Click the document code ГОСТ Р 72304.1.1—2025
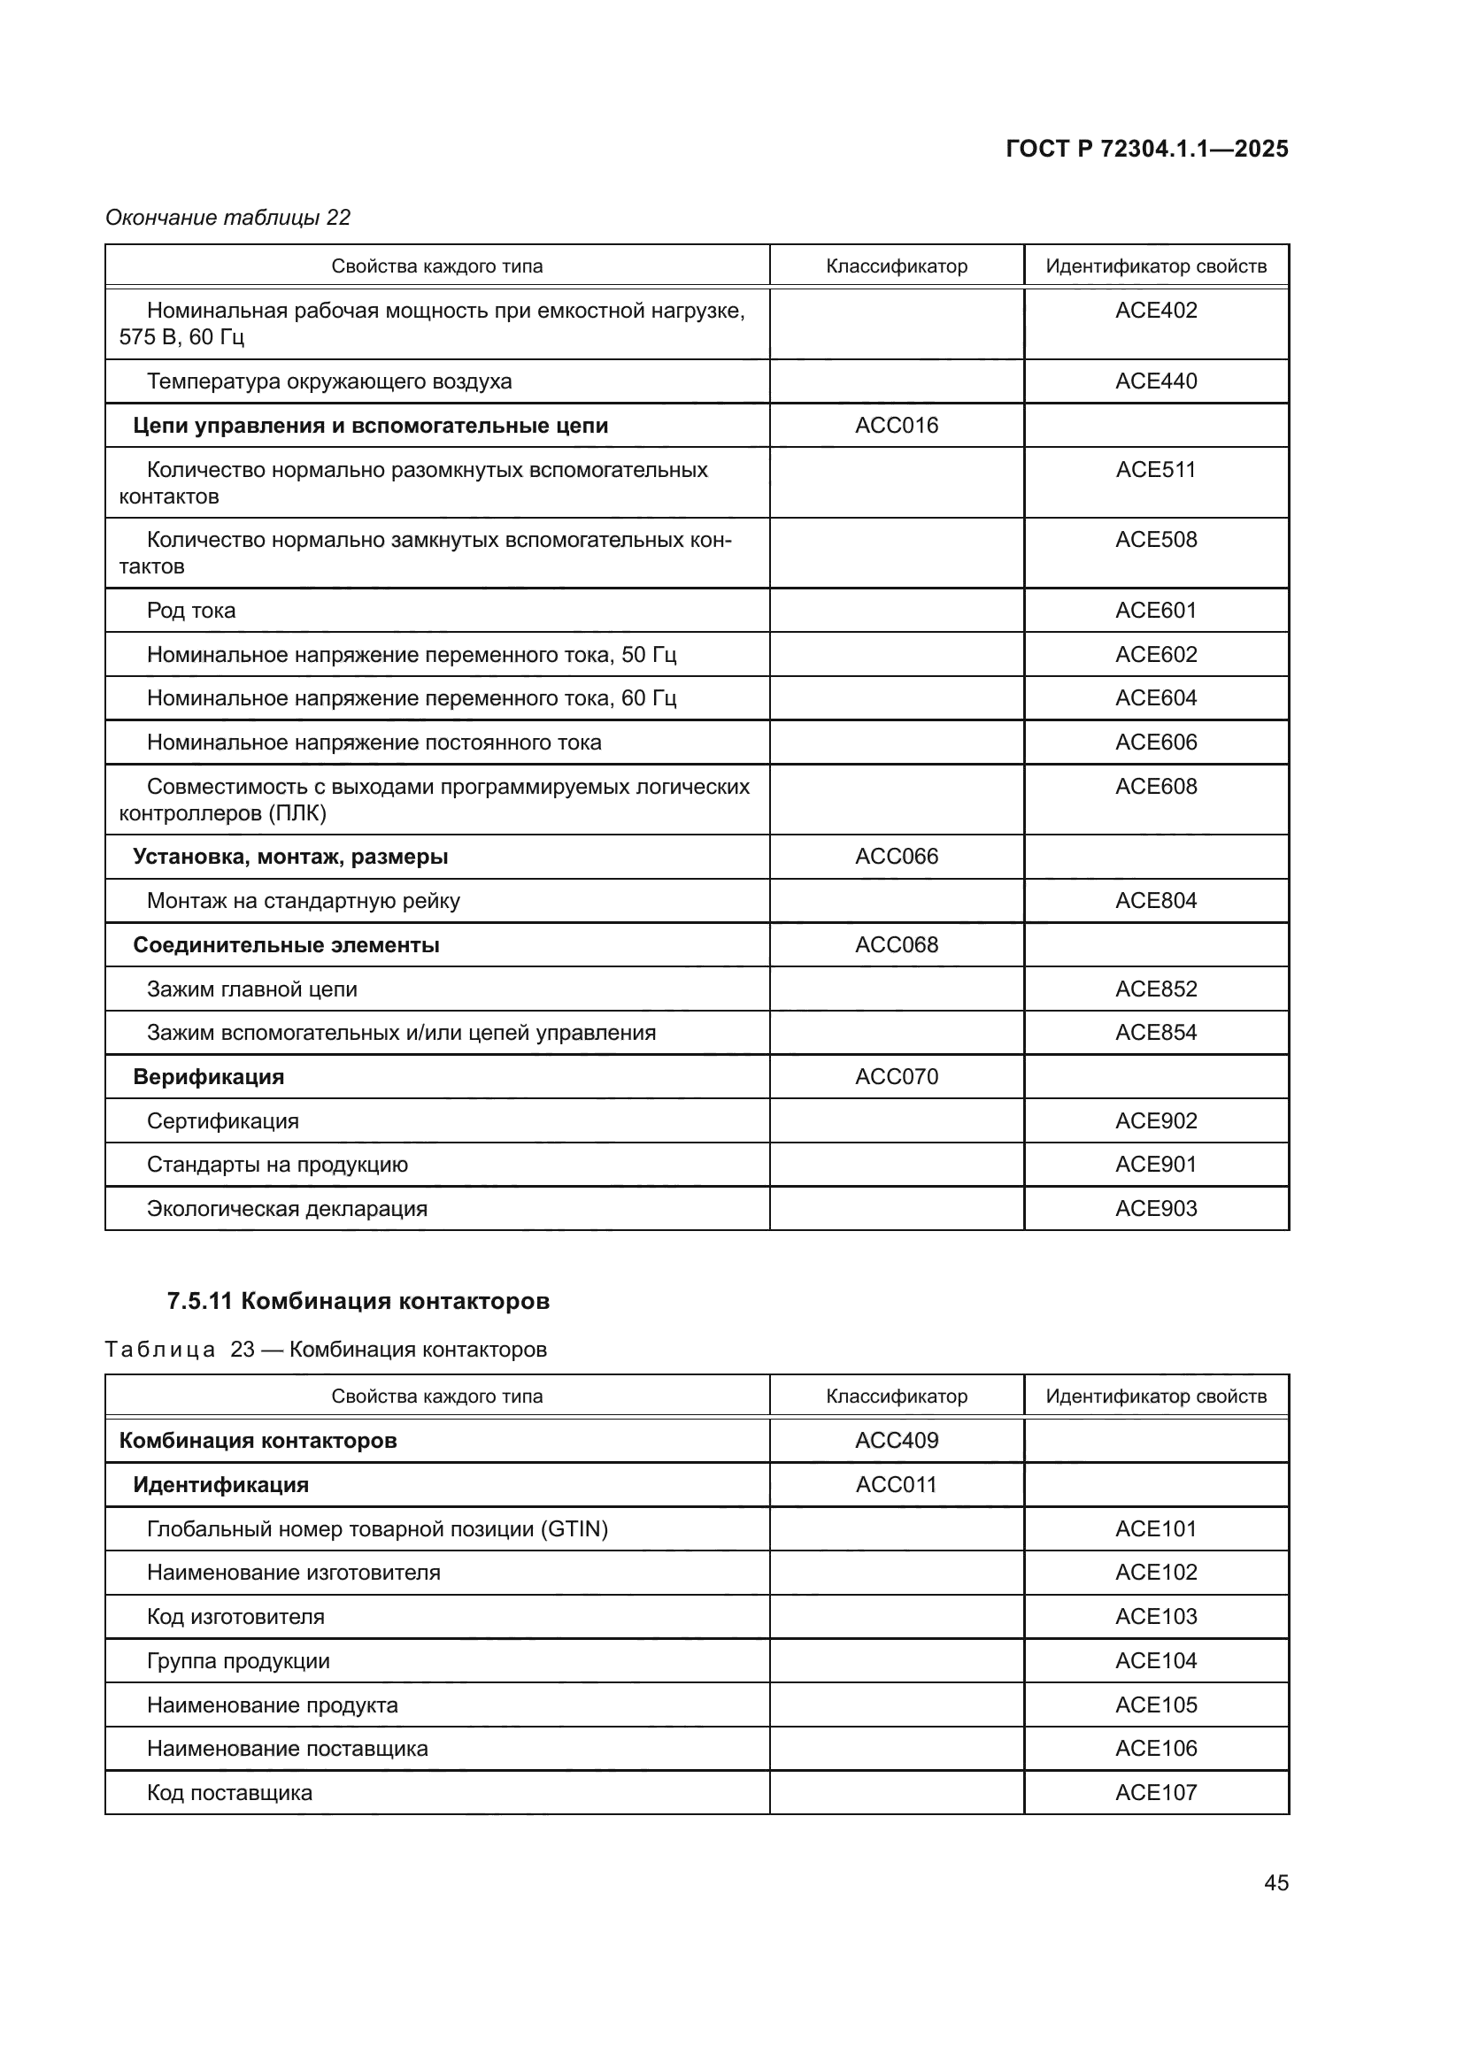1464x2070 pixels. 1146,149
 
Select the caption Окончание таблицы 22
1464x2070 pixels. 227,218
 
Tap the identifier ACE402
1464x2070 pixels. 1156,310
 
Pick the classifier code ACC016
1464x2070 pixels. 896,425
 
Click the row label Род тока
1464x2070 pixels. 191,611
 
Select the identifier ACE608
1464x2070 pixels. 1156,786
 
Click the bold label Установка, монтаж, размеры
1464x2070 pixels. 290,857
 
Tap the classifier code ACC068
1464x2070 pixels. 896,945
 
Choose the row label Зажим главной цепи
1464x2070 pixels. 251,989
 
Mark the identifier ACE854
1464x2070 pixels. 1156,1032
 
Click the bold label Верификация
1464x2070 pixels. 208,1076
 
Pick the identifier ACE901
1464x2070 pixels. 1156,1164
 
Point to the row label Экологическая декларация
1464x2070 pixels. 287,1208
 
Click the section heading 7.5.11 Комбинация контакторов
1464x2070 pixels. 358,1301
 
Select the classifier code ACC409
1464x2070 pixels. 896,1440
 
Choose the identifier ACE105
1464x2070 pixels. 1156,1704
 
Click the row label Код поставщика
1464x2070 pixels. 229,1792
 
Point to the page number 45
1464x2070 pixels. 1275,1882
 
